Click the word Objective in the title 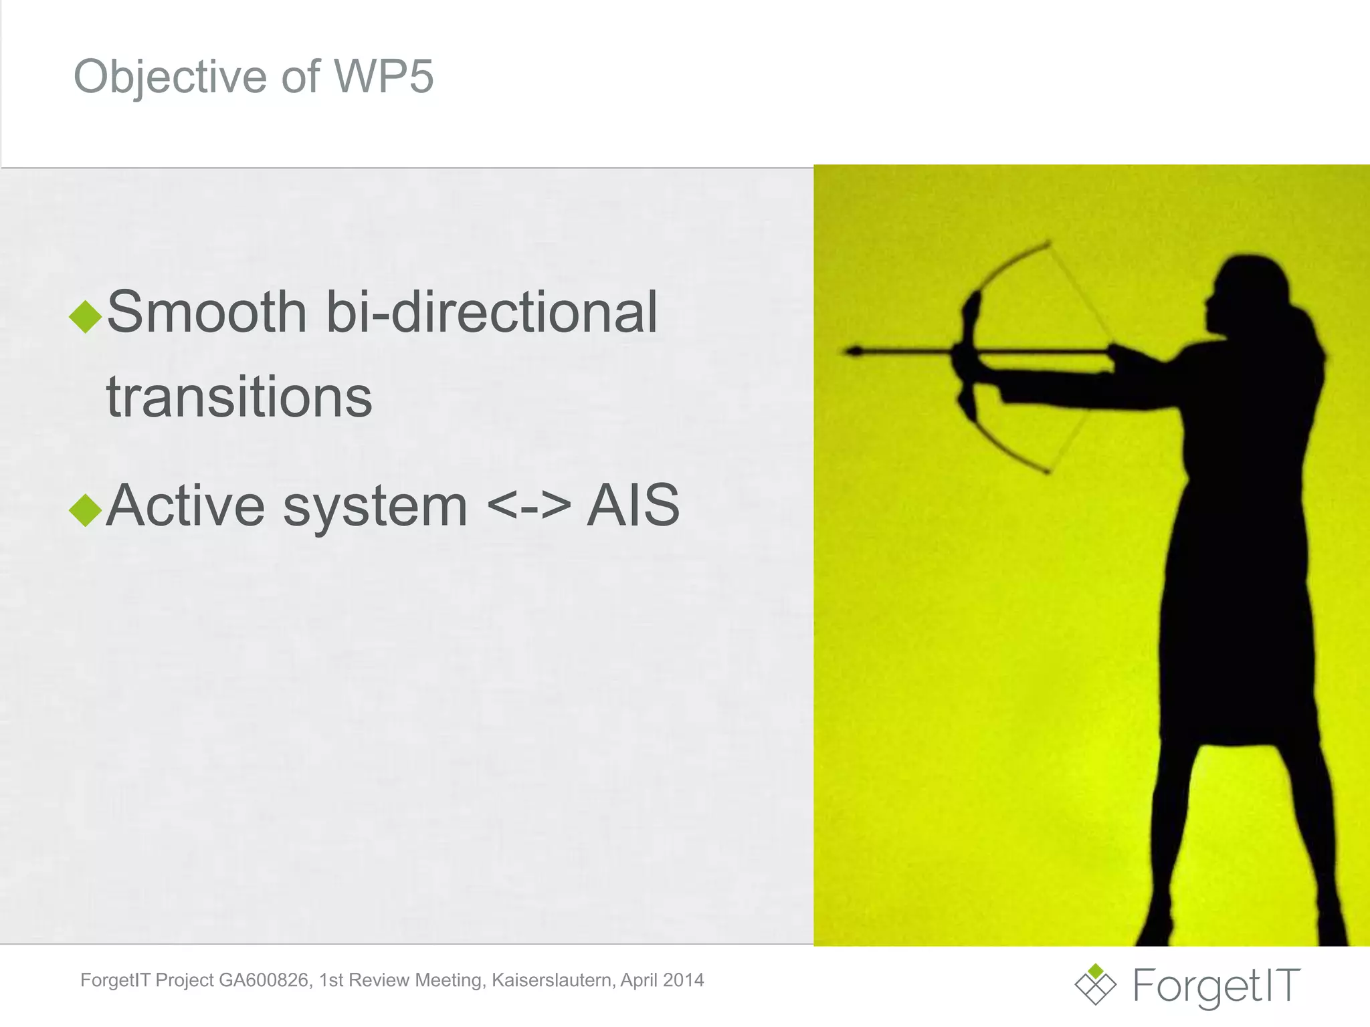click(170, 76)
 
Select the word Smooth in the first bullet click(207, 312)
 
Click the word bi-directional click(492, 312)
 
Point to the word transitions click(239, 397)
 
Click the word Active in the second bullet click(186, 505)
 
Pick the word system click(375, 507)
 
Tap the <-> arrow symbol click(528, 506)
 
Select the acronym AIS click(633, 505)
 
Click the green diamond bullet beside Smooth click(85, 316)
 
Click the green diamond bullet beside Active click(85, 510)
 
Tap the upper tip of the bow click(1048, 243)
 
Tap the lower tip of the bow click(1048, 472)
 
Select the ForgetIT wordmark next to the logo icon click(1216, 986)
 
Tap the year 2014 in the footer click(684, 980)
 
